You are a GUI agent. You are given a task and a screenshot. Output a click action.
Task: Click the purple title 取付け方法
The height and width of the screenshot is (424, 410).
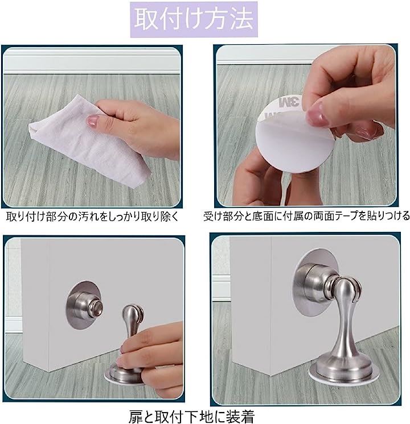pyautogui.click(x=194, y=19)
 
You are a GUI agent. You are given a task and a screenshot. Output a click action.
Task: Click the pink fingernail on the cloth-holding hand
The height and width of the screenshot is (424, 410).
pyautogui.click(x=92, y=120)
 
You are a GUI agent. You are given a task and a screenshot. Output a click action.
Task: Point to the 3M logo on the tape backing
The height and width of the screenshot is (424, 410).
pyautogui.click(x=289, y=102)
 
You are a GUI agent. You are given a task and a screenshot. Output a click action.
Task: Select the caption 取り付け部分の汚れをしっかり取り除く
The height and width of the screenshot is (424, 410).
pyautogui.click(x=92, y=217)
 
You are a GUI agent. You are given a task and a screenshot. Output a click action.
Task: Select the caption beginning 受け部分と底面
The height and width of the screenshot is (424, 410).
pyautogui.click(x=306, y=216)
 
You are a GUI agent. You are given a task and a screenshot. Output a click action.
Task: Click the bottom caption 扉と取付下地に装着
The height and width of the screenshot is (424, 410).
pyautogui.click(x=191, y=417)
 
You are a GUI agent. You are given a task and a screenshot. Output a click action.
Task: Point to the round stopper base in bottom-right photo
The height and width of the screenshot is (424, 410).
pyautogui.click(x=342, y=371)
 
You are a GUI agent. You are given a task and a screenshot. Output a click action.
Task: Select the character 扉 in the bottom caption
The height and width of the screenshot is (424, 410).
pyautogui.click(x=135, y=417)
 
